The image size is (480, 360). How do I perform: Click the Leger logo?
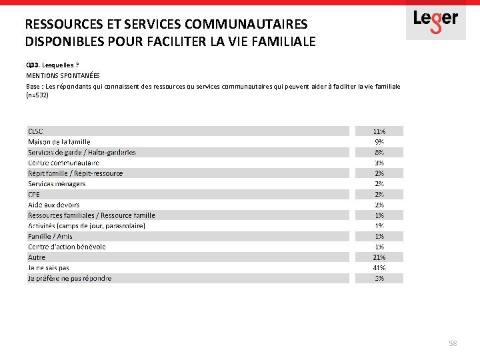point(435,20)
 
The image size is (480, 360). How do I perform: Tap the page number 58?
point(453,343)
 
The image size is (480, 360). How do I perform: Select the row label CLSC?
point(35,131)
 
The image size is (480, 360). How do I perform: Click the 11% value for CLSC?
point(379,131)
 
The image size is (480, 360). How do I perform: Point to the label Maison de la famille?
point(59,142)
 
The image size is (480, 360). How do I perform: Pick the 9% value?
point(379,142)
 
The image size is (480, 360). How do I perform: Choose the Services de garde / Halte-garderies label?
point(81,153)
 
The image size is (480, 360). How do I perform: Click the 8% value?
point(379,153)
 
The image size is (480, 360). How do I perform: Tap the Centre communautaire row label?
point(63,163)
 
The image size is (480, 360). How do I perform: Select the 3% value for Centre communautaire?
point(379,163)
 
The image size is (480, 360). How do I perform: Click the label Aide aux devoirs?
point(53,205)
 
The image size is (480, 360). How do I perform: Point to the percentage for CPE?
point(379,194)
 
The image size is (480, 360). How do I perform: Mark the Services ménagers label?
point(57,184)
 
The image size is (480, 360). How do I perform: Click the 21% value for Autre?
point(379,257)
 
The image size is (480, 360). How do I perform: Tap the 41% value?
point(379,268)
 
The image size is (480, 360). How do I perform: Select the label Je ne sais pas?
point(48,268)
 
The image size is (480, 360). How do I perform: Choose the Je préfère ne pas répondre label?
point(69,279)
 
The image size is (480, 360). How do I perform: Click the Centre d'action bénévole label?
point(67,247)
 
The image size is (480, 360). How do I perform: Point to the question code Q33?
point(32,66)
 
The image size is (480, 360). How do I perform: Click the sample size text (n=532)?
point(37,95)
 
